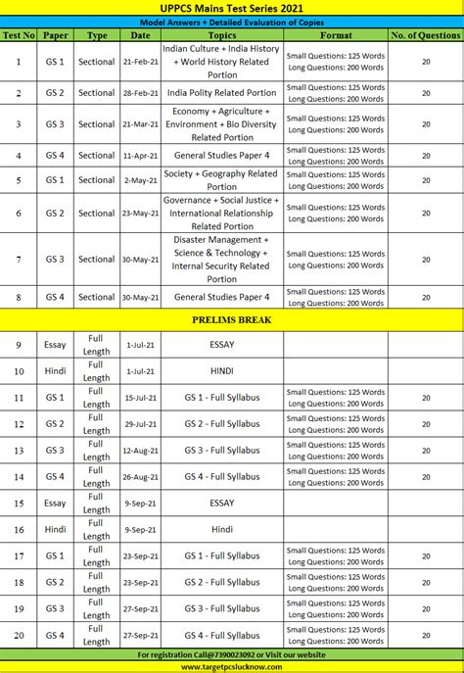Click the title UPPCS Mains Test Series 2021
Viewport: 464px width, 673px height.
coord(232,7)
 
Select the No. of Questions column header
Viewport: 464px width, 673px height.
coord(425,34)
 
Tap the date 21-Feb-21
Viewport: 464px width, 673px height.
coord(141,61)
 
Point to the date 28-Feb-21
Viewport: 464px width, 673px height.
coord(141,93)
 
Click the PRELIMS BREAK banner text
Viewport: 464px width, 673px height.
coord(232,319)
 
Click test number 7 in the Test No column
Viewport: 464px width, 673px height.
coord(19,260)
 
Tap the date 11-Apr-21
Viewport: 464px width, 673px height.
coord(141,155)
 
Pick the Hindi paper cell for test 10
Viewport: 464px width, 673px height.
coord(55,371)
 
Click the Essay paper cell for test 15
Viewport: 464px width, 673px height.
coord(55,503)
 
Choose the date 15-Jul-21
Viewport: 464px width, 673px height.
coord(141,398)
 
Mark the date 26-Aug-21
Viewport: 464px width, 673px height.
coord(141,476)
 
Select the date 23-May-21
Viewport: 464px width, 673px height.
coord(141,213)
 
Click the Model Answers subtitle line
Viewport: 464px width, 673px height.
coord(232,21)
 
